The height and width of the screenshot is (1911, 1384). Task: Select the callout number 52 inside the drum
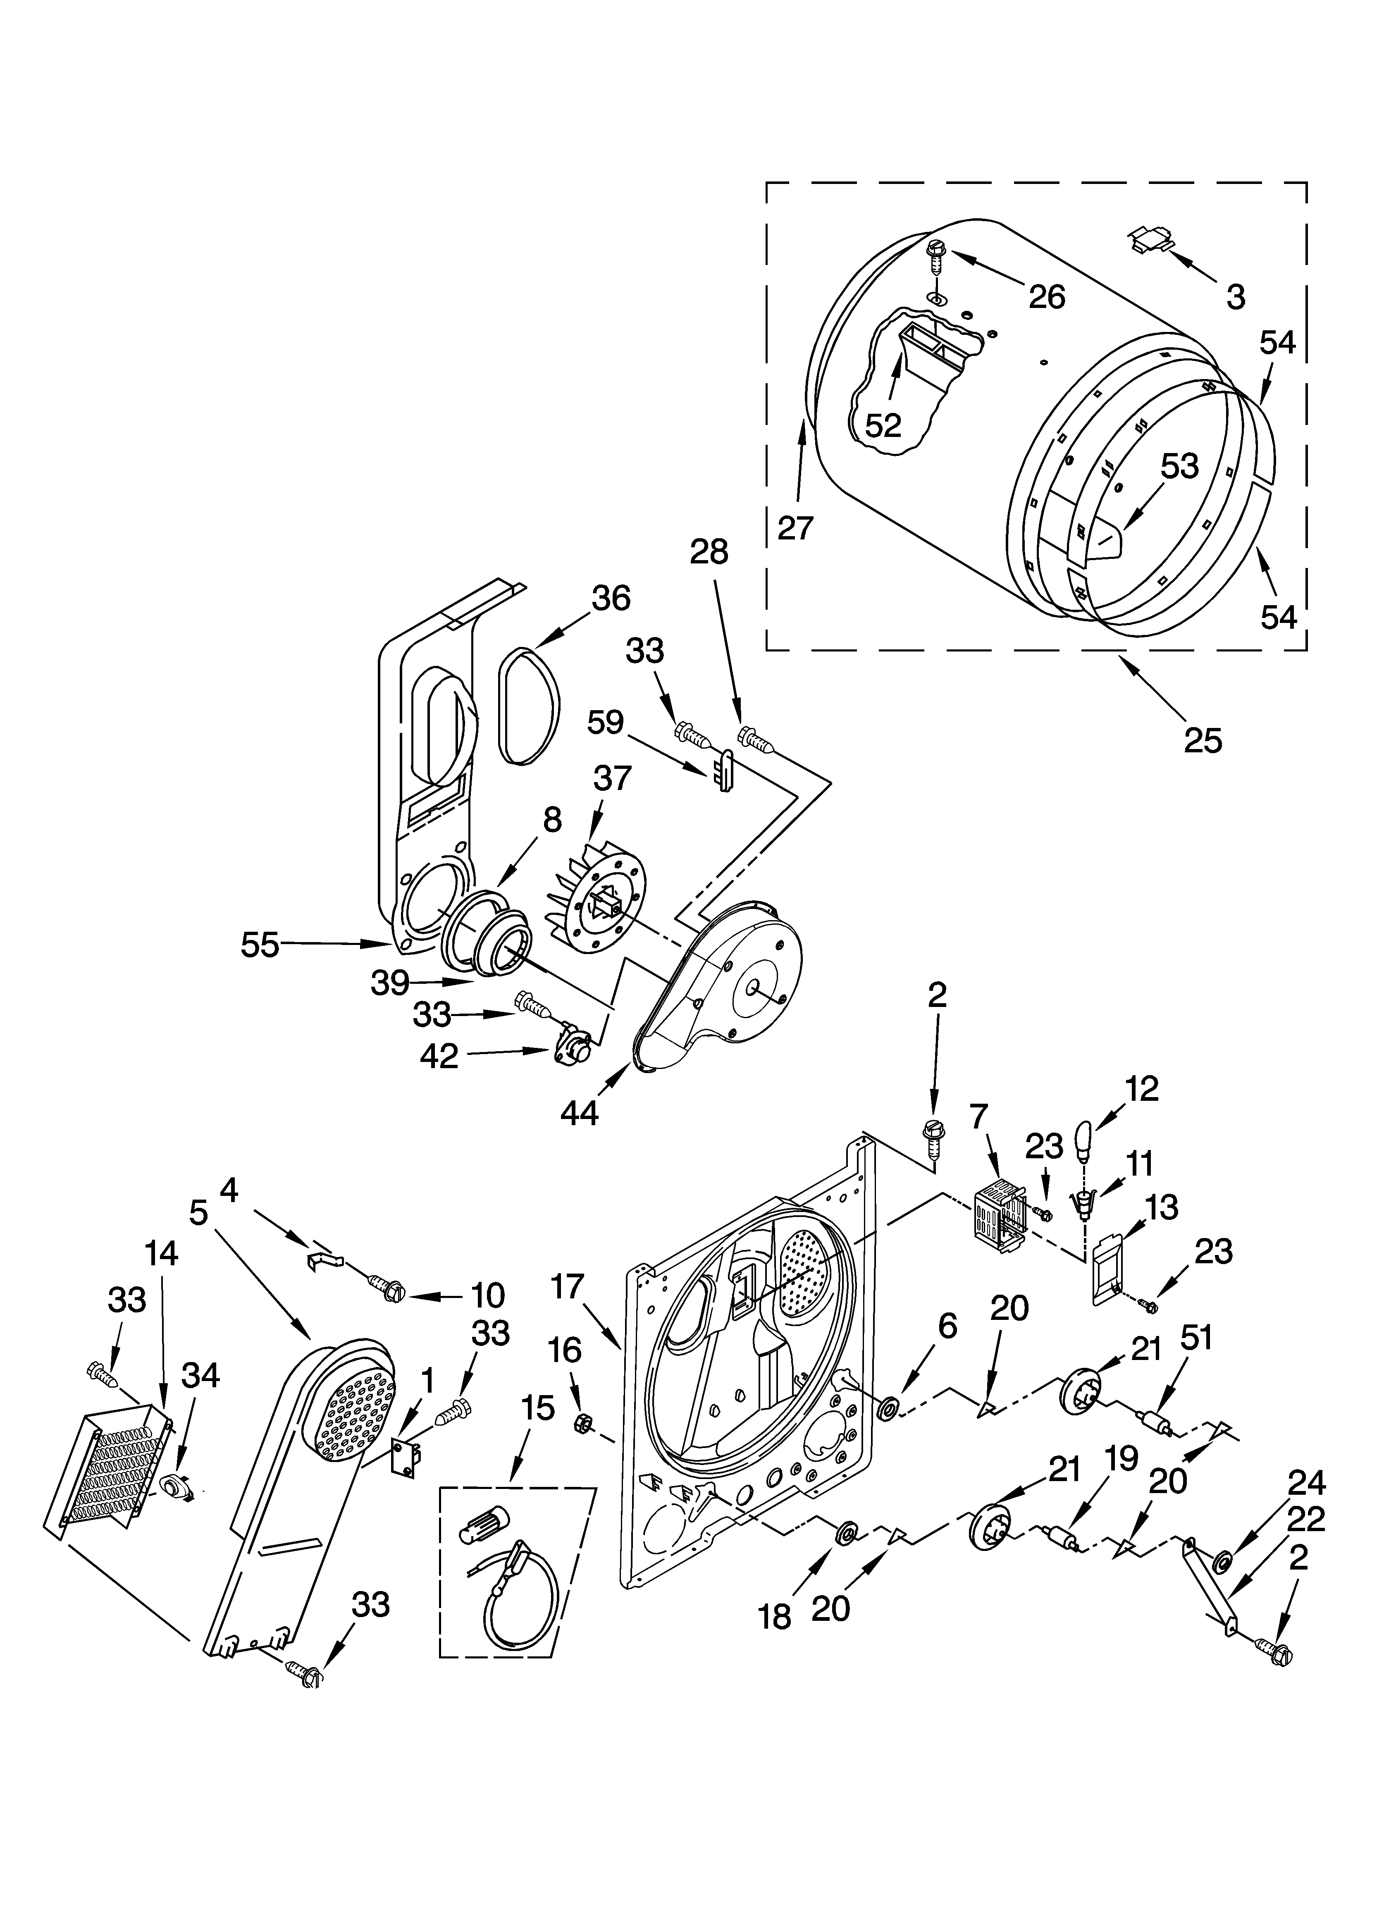coord(883,425)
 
